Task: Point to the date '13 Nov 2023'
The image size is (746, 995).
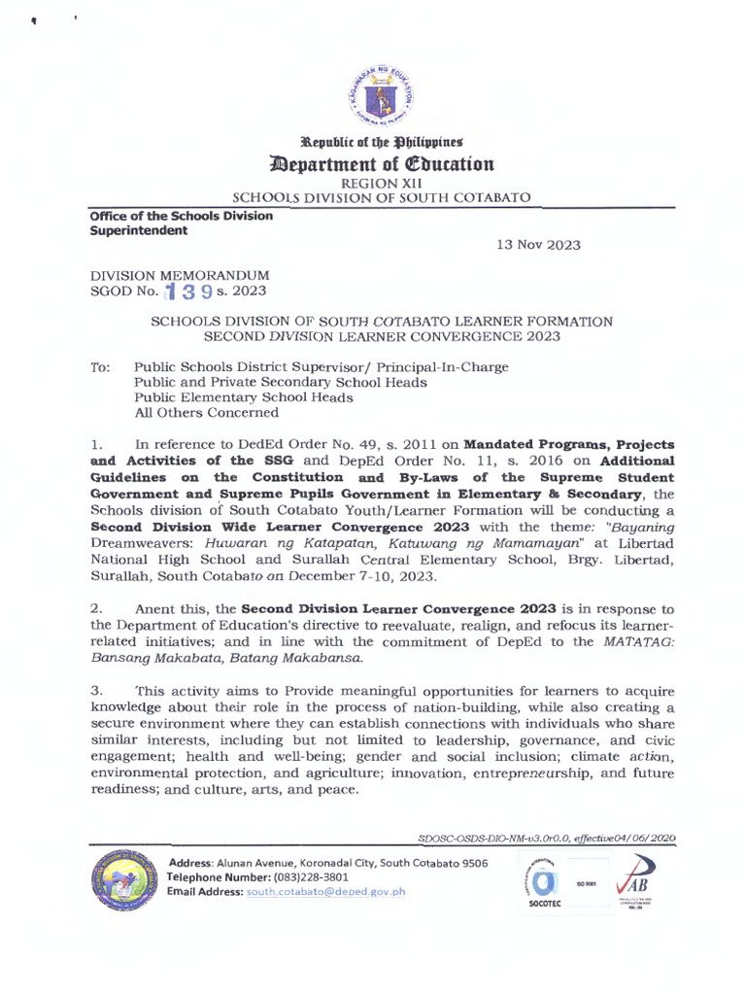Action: point(538,245)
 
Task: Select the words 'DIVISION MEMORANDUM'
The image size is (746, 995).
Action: point(180,276)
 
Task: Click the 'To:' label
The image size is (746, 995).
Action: point(100,367)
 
